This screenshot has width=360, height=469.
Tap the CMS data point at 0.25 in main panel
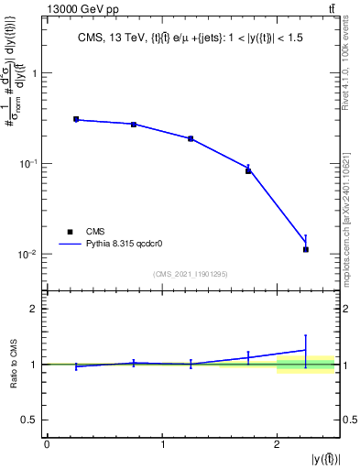pyautogui.click(x=76, y=119)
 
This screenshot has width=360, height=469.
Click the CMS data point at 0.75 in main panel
pyautogui.click(x=134, y=125)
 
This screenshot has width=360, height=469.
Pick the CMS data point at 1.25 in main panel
pyautogui.click(x=191, y=138)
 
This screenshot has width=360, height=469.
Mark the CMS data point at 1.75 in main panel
pyautogui.click(x=248, y=170)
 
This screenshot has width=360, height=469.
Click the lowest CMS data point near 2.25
pyautogui.click(x=306, y=249)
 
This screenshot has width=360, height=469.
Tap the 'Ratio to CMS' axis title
pyautogui.click(x=13, y=365)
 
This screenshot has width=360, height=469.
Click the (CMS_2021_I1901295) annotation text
pyautogui.click(x=191, y=274)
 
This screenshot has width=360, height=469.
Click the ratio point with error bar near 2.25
pyautogui.click(x=306, y=350)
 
